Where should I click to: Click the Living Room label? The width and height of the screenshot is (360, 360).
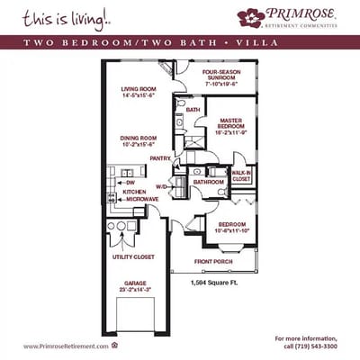click(139, 89)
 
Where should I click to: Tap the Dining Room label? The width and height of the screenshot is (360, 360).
click(139, 137)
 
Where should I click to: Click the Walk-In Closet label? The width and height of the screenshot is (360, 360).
click(241, 175)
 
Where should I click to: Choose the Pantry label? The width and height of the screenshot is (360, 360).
click(160, 158)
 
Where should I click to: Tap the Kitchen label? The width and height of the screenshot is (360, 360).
click(134, 191)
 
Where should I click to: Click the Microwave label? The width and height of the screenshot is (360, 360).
click(137, 199)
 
